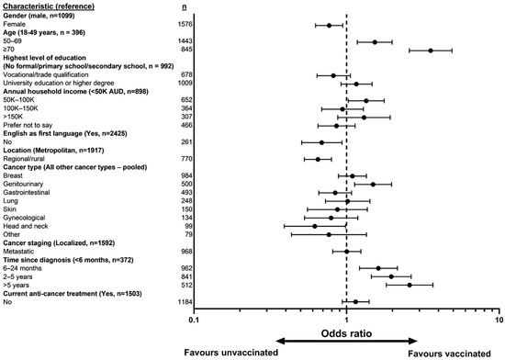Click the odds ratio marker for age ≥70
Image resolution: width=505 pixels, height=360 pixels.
tap(431, 51)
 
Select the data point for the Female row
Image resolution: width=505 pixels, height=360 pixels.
tap(329, 25)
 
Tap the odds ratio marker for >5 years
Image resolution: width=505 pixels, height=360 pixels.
tap(409, 286)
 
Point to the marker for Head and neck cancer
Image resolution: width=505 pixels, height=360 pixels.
tap(314, 225)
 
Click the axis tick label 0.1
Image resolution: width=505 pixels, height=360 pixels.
tap(193, 321)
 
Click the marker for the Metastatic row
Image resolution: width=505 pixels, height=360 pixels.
tap(346, 251)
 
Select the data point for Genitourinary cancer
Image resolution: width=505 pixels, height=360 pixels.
tap(372, 184)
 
